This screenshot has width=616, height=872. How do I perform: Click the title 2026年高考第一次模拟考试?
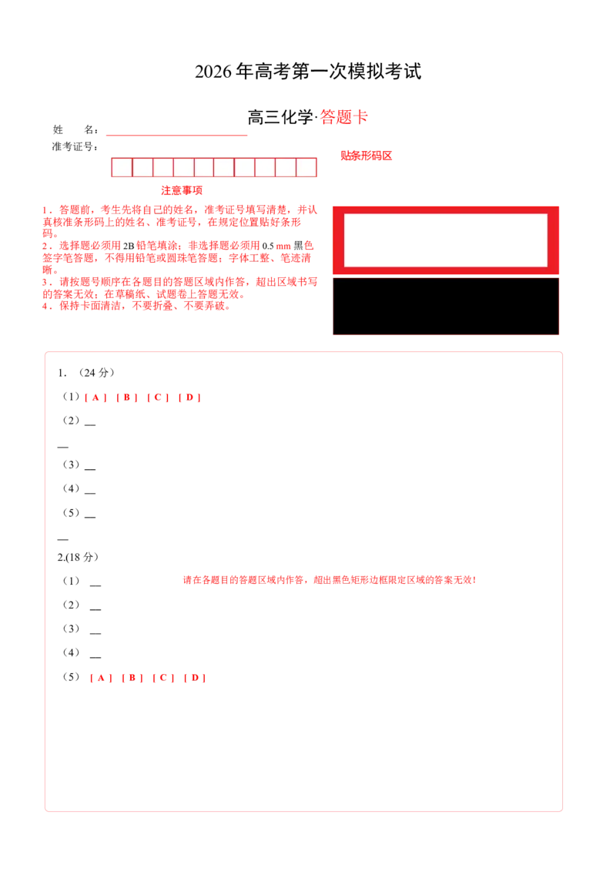coord(308,71)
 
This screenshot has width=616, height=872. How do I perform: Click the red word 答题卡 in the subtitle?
coord(343,117)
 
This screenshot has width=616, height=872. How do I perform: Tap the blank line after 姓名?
coord(177,135)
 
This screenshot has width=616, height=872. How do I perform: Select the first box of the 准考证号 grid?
coord(122,167)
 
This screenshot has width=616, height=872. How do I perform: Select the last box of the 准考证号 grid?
coord(306,167)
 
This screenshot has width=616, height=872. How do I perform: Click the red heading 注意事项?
coord(182,191)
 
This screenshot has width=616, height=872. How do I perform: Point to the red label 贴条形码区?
coord(367,156)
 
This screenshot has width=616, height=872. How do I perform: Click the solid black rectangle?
coord(446,307)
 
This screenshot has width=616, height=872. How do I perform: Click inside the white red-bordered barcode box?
coord(446,240)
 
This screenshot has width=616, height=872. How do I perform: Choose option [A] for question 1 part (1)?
coord(95,397)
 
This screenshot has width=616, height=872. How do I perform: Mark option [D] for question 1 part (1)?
coord(189,397)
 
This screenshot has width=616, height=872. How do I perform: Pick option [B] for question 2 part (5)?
coord(132,677)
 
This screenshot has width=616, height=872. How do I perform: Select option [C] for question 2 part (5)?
coord(163,677)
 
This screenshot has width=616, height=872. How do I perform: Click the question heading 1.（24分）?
coord(86,373)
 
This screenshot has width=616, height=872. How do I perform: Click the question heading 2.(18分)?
coord(78,557)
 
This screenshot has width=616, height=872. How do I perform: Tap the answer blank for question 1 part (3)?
coord(90,469)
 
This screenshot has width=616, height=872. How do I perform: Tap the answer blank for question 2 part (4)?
coord(95,657)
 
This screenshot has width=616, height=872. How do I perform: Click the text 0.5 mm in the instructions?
coord(276,246)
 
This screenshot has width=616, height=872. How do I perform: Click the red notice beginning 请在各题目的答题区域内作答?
coord(330,580)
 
